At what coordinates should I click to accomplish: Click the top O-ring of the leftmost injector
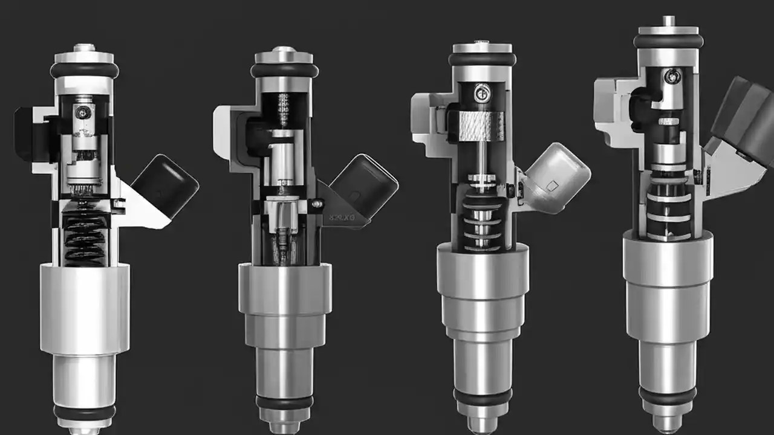pyautogui.click(x=85, y=70)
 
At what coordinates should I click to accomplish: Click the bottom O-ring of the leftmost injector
pyautogui.click(x=85, y=412)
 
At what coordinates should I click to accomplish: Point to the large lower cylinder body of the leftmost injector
pyautogui.click(x=85, y=308)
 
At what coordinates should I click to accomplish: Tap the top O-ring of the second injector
pyautogui.click(x=285, y=70)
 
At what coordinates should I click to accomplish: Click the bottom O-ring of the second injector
pyautogui.click(x=284, y=402)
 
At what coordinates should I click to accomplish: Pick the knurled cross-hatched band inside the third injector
pyautogui.click(x=482, y=126)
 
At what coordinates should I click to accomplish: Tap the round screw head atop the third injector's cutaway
pyautogui.click(x=482, y=92)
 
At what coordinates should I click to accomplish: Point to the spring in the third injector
pyautogui.click(x=481, y=224)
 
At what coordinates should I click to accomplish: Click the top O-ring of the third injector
pyautogui.click(x=482, y=59)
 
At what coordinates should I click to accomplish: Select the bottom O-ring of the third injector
pyautogui.click(x=483, y=397)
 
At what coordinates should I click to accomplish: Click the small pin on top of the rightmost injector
pyautogui.click(x=668, y=21)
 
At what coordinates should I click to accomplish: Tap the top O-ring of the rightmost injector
pyautogui.click(x=668, y=41)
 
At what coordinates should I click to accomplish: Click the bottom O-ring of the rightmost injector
pyautogui.click(x=668, y=396)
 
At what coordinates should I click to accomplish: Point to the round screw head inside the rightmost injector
pyautogui.click(x=671, y=76)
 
